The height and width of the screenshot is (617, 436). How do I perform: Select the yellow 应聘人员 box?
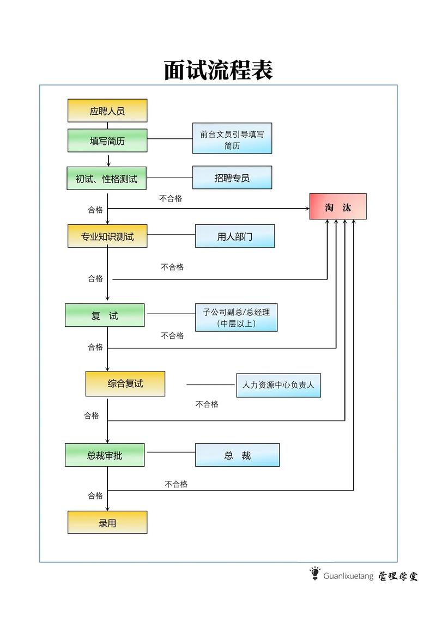tap(107, 111)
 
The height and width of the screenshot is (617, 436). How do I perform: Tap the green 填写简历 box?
tap(107, 140)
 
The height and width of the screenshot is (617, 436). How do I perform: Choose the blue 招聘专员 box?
tap(232, 178)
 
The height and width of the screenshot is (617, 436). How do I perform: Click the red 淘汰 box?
tap(338, 207)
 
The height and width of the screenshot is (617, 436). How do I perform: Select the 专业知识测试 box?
tap(107, 236)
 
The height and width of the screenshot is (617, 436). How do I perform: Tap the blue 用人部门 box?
tap(235, 236)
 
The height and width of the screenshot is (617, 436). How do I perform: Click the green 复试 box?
tap(105, 315)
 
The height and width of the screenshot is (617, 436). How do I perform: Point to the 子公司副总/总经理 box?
tap(237, 317)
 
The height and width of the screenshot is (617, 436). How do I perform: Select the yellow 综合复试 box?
tap(125, 383)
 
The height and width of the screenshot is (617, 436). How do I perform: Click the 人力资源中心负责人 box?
tap(278, 384)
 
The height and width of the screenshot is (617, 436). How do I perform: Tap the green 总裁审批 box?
tap(105, 455)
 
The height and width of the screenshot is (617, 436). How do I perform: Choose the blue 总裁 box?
tap(238, 455)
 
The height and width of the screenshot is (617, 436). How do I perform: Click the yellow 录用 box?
tap(107, 523)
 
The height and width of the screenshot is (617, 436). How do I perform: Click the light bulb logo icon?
tap(314, 573)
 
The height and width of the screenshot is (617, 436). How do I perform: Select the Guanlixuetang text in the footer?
tap(348, 576)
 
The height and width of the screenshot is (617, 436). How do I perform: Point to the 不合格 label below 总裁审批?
tap(176, 484)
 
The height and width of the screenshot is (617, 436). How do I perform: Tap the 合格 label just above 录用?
tap(95, 496)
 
